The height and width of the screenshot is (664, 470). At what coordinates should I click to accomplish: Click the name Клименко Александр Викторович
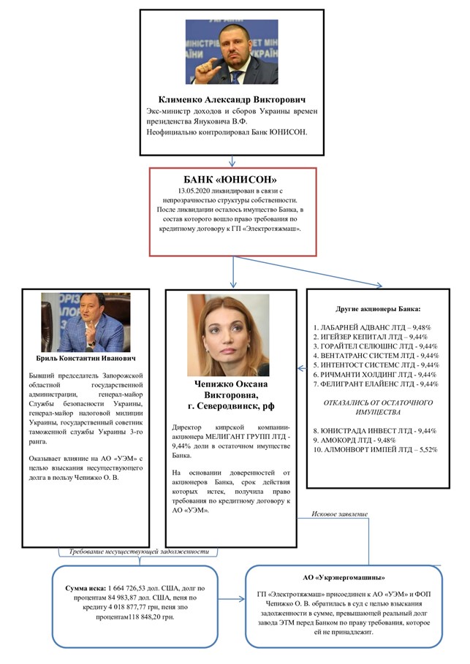tap(232, 99)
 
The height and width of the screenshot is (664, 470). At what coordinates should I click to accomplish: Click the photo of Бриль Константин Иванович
tap(86, 322)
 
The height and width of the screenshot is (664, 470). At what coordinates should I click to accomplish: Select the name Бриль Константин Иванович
tap(85, 359)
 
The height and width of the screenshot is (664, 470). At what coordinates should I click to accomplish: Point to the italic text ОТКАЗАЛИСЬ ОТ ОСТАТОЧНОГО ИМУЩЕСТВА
tap(375, 408)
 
